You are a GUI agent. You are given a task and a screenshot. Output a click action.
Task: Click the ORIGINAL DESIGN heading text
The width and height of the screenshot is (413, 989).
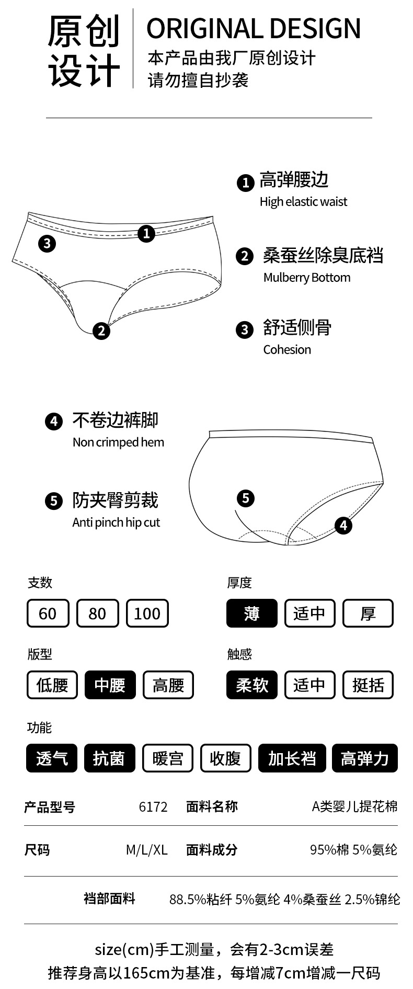pyautogui.click(x=254, y=29)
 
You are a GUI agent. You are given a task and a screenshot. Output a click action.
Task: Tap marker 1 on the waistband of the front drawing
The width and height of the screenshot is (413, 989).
pyautogui.click(x=146, y=233)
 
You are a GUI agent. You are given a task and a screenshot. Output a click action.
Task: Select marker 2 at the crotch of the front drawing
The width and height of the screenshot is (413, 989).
pyautogui.click(x=101, y=330)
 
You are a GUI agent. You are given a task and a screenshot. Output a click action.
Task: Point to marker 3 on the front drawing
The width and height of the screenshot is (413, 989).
pyautogui.click(x=47, y=243)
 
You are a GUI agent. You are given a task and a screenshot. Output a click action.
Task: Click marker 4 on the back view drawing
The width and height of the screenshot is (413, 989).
pyautogui.click(x=343, y=525)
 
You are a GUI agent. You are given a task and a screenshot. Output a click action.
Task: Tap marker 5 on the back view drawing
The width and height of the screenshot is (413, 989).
pyautogui.click(x=246, y=498)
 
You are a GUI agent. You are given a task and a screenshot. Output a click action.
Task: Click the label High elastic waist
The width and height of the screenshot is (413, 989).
pyautogui.click(x=303, y=202)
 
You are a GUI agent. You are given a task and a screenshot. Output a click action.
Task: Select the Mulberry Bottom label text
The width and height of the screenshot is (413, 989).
pyautogui.click(x=307, y=278)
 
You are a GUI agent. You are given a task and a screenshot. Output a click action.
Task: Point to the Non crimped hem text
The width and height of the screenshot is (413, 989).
pyautogui.click(x=118, y=442)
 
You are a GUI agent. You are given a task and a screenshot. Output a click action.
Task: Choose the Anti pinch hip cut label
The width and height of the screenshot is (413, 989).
pyautogui.click(x=116, y=522)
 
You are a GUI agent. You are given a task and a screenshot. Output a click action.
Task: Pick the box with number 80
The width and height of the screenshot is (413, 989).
pyautogui.click(x=97, y=613)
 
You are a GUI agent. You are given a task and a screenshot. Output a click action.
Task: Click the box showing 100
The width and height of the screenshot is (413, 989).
pyautogui.click(x=147, y=613)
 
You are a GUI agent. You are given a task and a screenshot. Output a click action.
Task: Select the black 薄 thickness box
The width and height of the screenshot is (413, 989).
pyautogui.click(x=252, y=613)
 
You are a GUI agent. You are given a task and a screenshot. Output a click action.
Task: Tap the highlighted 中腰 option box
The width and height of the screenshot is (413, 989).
pyautogui.click(x=110, y=685)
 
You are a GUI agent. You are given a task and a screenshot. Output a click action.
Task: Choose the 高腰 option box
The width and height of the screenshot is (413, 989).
pyautogui.click(x=168, y=685)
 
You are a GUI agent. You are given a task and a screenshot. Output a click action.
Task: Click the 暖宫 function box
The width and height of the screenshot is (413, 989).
pyautogui.click(x=168, y=758)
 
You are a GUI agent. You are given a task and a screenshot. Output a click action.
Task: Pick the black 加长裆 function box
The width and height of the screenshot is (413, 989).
pyautogui.click(x=292, y=758)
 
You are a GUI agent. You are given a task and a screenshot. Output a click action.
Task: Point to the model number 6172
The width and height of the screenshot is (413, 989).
pyautogui.click(x=153, y=807)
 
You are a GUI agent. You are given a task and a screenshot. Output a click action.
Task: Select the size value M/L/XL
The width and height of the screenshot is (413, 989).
pyautogui.click(x=146, y=850)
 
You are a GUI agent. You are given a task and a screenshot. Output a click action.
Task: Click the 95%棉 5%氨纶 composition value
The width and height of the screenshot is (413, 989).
pyautogui.click(x=353, y=850)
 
